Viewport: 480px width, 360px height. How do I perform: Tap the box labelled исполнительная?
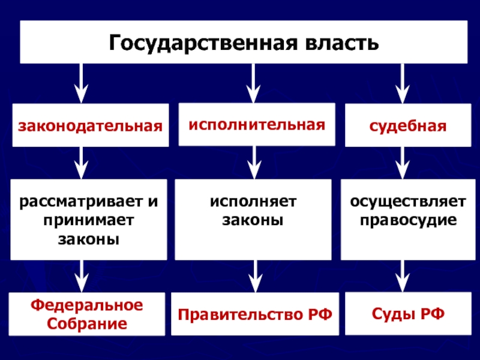[x=257, y=124]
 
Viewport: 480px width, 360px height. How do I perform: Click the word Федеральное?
[x=88, y=305]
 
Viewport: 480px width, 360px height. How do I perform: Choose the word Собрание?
[x=88, y=324]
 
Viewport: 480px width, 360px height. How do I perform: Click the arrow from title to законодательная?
[x=83, y=83]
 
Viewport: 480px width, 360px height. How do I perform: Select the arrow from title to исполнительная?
[x=254, y=83]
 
